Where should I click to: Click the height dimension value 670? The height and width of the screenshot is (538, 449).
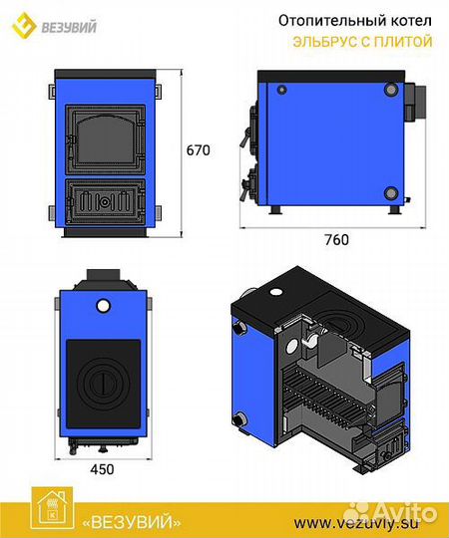198,150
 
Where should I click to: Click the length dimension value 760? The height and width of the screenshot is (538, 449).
336,240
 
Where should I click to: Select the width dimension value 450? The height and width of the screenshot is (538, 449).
102,469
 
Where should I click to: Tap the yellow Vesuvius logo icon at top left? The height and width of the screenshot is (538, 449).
24,25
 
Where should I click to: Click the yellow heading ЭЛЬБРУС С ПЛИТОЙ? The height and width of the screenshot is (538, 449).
362,42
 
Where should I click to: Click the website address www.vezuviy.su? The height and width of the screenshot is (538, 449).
356,524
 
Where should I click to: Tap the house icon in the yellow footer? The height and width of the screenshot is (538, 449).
52,508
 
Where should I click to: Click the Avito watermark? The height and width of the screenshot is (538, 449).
390,513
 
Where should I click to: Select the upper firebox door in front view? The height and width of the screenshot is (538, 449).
105,139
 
